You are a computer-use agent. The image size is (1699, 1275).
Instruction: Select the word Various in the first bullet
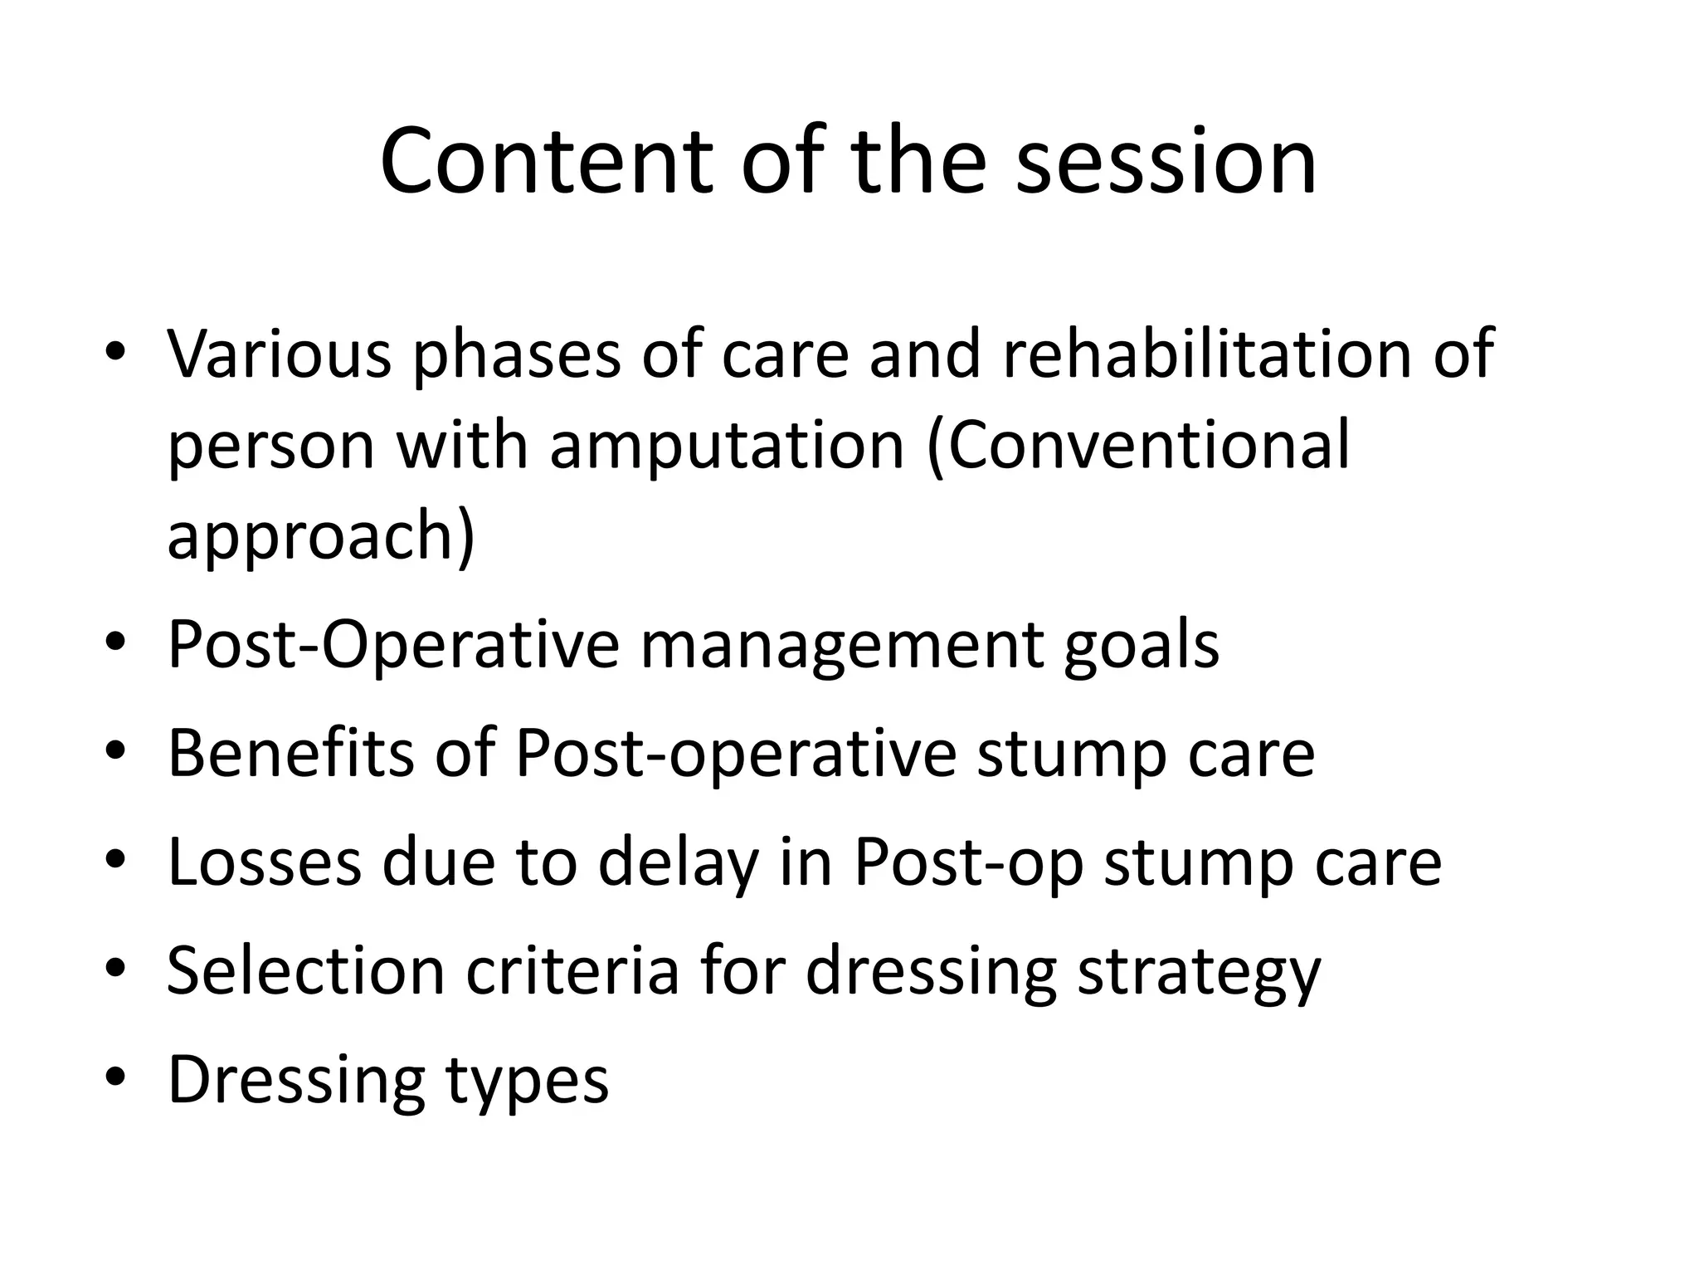[x=280, y=354]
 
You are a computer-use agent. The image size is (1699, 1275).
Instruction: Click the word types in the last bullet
[x=527, y=1078]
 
